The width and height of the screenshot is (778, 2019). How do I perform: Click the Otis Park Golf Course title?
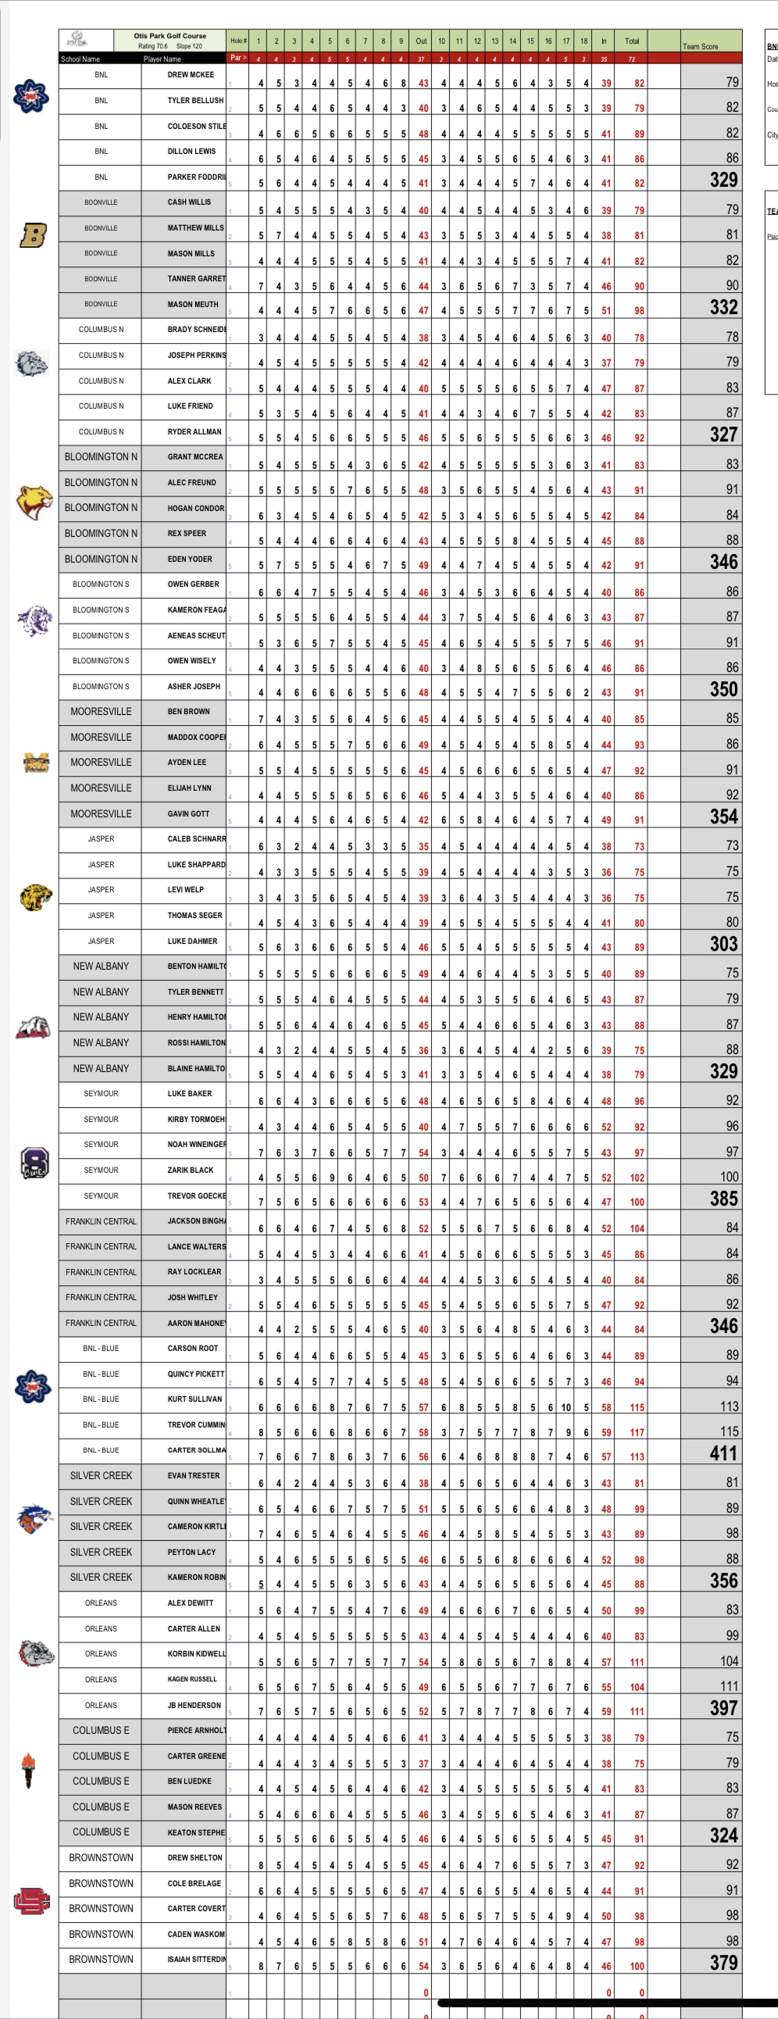170,35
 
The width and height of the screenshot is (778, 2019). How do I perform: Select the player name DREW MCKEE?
191,75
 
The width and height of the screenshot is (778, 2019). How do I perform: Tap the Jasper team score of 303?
723,944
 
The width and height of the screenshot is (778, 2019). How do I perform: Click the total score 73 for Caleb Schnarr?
639,846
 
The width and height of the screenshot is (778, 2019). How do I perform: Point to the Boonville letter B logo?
33,234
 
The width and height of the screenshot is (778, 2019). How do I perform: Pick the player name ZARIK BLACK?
191,1170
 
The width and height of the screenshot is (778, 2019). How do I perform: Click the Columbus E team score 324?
723,1835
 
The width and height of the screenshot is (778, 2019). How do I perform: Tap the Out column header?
421,41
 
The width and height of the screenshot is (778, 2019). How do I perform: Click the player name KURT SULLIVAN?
194,1399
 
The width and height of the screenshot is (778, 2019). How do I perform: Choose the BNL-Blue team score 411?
723,1454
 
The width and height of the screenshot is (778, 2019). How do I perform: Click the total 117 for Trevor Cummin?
637,1432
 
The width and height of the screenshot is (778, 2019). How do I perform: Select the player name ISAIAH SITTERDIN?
196,1959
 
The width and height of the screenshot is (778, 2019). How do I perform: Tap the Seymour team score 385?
723,1199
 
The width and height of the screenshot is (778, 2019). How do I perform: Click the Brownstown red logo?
32,1902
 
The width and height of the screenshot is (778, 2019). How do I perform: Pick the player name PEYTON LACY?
191,1552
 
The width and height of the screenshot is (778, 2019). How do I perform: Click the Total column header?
631,41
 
